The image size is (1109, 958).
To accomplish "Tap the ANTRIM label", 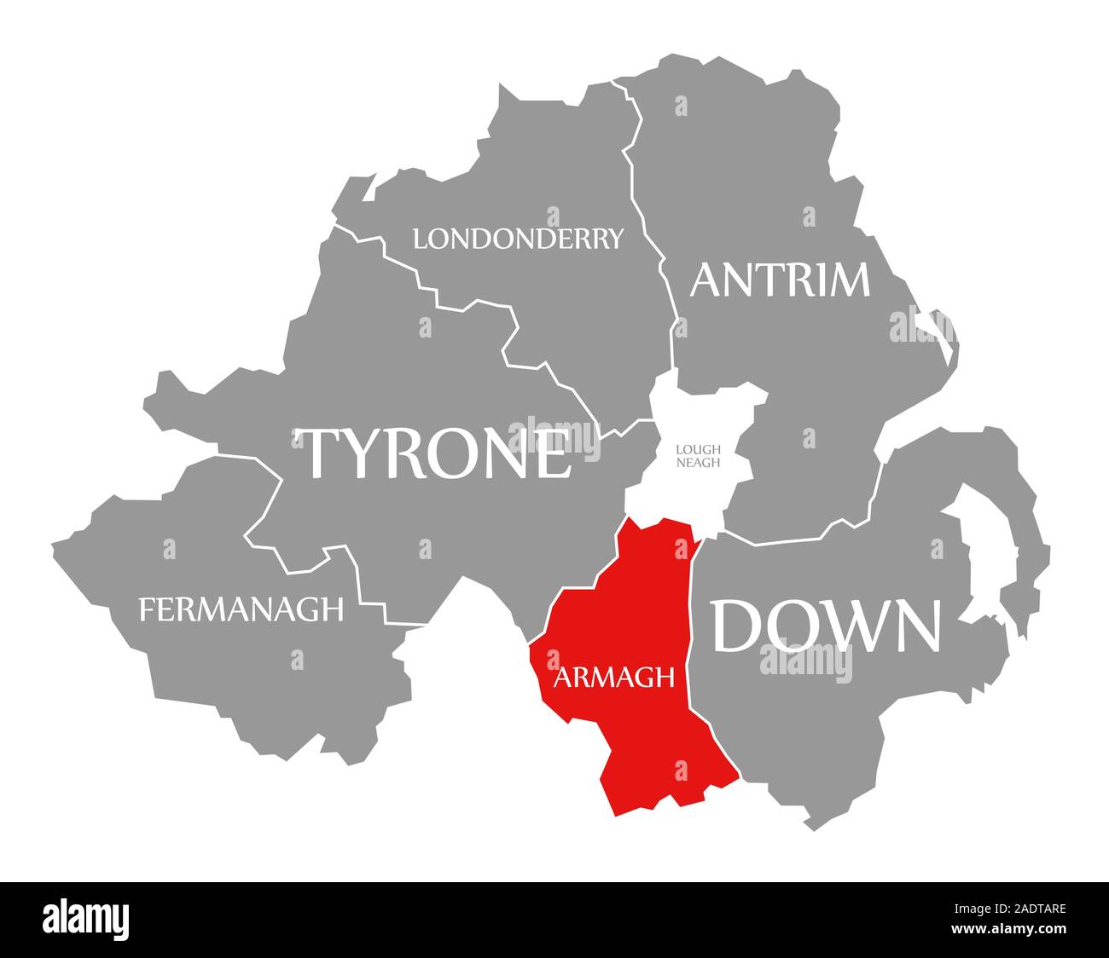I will (780, 280).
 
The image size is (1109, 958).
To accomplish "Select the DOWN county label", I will (827, 626).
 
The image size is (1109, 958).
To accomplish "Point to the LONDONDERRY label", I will (518, 239).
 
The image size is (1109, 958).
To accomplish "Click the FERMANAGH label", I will (241, 609).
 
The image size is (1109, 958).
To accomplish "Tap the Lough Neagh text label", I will (698, 456).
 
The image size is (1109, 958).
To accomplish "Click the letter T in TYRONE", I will (317, 453).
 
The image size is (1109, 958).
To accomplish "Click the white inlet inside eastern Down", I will (981, 545).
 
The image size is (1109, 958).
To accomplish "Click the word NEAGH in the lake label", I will (698, 463).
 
